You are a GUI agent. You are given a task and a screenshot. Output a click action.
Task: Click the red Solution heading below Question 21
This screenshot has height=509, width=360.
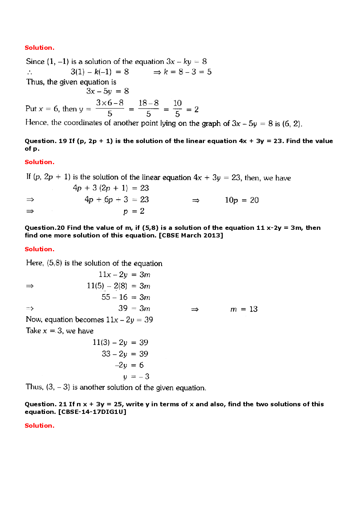click(40, 425)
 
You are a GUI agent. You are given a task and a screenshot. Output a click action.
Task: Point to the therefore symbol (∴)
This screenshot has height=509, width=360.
click(29, 72)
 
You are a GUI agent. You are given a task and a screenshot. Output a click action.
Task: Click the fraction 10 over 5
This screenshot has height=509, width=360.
click(177, 109)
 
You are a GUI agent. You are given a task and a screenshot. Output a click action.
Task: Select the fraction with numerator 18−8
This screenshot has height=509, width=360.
click(148, 109)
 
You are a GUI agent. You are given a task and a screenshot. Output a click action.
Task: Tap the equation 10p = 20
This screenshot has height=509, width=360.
click(242, 200)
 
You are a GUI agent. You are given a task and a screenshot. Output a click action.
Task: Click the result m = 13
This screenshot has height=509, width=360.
click(244, 309)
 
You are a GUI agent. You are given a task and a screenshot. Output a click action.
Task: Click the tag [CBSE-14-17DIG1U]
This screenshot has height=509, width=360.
click(92, 412)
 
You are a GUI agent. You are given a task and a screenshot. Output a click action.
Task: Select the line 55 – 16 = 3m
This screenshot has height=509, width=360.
click(126, 297)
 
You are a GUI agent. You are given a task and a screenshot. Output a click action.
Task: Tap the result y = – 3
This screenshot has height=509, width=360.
click(136, 376)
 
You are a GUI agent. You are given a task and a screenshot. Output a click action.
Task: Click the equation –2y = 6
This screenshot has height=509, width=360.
click(129, 365)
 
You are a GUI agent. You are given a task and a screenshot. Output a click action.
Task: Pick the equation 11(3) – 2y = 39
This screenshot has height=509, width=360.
click(120, 342)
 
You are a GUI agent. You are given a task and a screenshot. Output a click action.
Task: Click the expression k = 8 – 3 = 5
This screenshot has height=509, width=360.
click(187, 72)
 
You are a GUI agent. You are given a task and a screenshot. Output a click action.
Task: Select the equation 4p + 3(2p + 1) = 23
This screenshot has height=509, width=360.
click(111, 188)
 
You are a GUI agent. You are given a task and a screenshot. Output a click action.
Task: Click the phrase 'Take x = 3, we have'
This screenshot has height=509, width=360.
click(60, 331)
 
